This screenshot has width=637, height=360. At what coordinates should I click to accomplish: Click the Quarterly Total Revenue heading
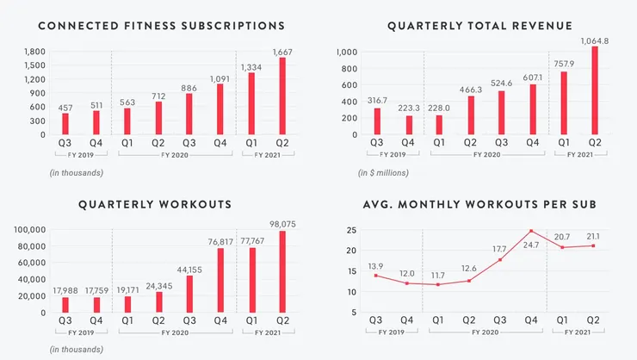click(479, 26)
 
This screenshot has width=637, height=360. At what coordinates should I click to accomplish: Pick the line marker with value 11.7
click(437, 285)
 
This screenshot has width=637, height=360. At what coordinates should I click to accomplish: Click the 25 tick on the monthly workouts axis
click(352, 231)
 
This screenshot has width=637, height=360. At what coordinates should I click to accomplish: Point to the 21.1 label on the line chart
click(594, 236)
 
